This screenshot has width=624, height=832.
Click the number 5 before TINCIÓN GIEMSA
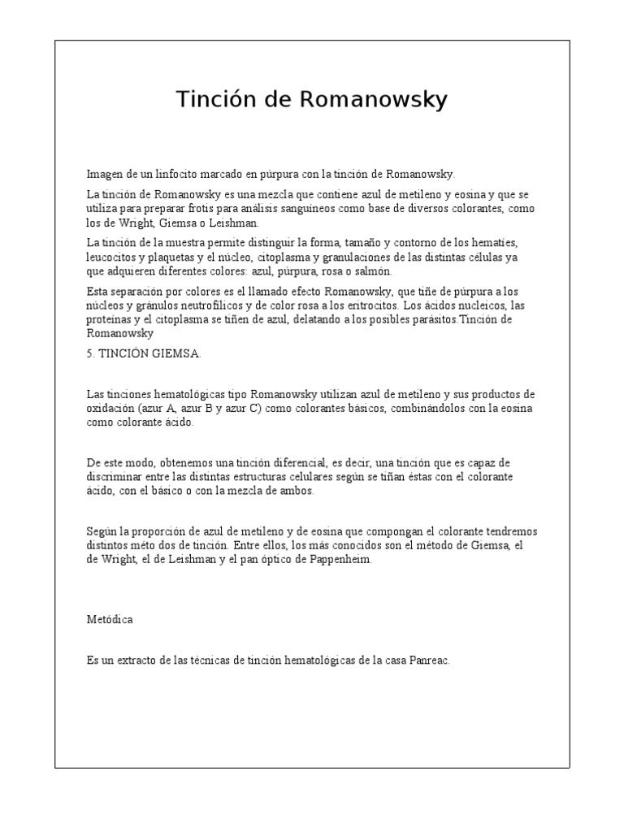point(90,353)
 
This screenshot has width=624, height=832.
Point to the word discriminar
point(115,476)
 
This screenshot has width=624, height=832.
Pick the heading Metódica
point(110,619)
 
